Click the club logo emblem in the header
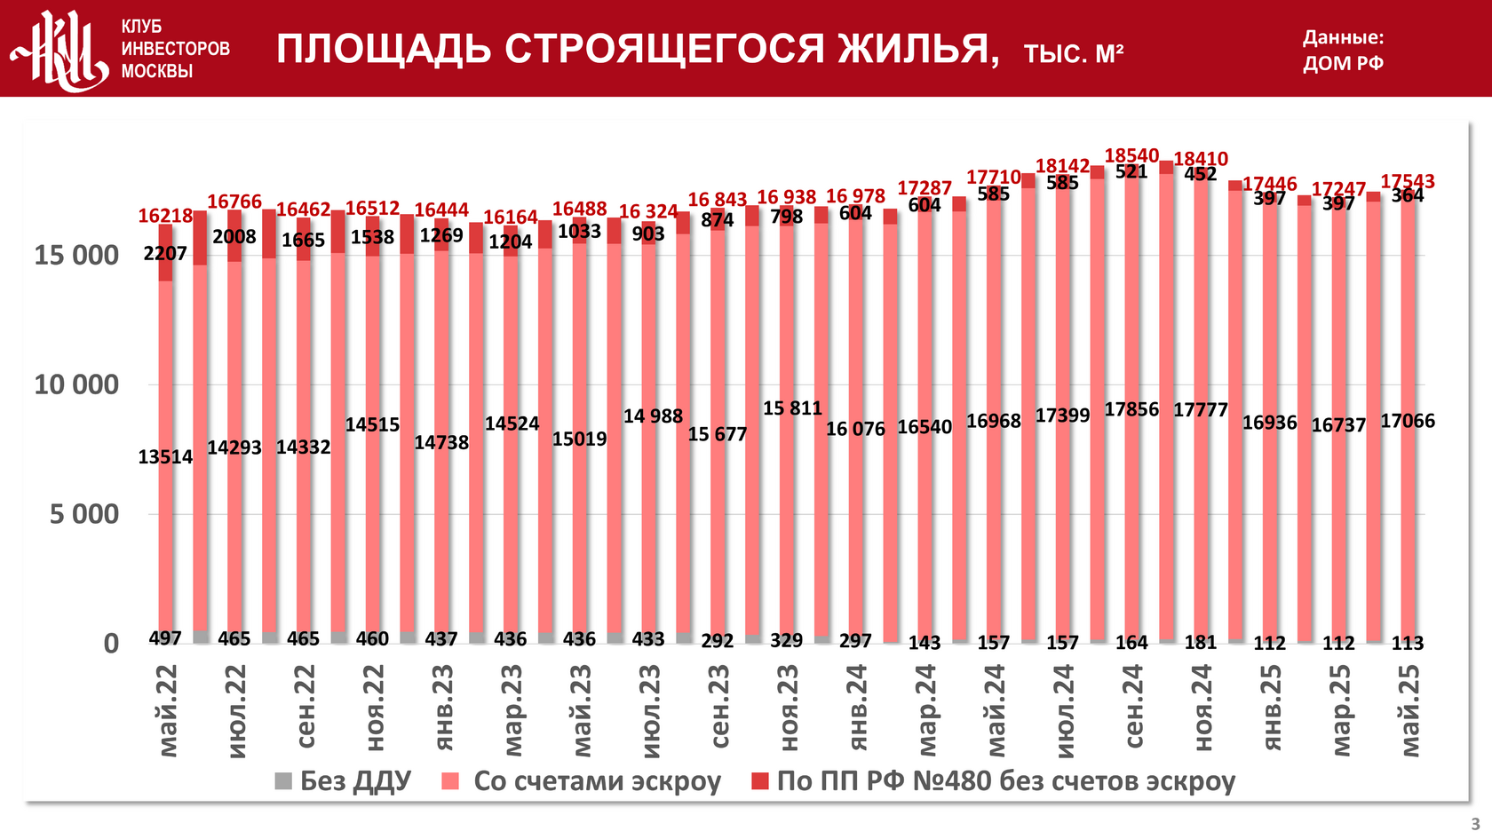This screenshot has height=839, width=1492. pyautogui.click(x=59, y=50)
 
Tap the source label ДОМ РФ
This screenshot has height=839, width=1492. pyautogui.click(x=1343, y=63)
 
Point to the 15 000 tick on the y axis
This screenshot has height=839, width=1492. pyautogui.click(x=75, y=256)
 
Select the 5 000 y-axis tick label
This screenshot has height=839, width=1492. pyautogui.click(x=83, y=514)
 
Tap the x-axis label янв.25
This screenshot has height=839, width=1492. pyautogui.click(x=1271, y=708)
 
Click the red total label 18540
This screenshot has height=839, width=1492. pyautogui.click(x=1131, y=156)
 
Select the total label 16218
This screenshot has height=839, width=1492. pyautogui.click(x=165, y=216)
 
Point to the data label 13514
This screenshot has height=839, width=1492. pyautogui.click(x=165, y=457)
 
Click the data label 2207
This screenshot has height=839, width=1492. pyautogui.click(x=165, y=254)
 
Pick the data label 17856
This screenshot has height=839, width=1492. pyautogui.click(x=1131, y=409)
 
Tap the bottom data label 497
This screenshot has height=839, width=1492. pyautogui.click(x=165, y=638)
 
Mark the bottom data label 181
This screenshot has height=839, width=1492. pyautogui.click(x=1201, y=642)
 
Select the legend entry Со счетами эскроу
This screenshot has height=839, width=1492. pyautogui.click(x=597, y=781)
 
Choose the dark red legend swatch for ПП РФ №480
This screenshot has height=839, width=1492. pyautogui.click(x=759, y=781)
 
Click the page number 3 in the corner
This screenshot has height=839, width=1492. pyautogui.click(x=1475, y=824)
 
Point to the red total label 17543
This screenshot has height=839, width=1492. pyautogui.click(x=1408, y=181)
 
